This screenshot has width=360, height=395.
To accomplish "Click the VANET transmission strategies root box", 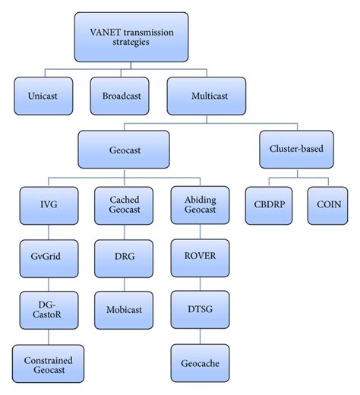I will [x=131, y=36].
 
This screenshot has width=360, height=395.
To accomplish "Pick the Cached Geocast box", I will [x=122, y=204].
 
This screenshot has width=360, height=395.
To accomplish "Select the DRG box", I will [x=122, y=258].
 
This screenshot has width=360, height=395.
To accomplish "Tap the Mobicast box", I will [x=122, y=311].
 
